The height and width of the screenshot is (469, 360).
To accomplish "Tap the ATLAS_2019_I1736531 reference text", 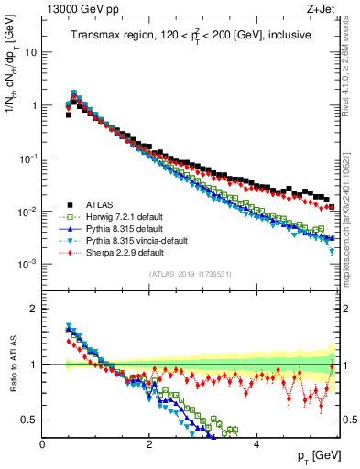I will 191,275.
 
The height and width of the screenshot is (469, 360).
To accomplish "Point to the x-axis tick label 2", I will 149,443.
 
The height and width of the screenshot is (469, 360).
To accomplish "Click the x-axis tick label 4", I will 256,443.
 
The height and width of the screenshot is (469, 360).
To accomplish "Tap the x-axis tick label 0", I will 43,443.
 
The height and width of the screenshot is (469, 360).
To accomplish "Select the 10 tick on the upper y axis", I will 30,52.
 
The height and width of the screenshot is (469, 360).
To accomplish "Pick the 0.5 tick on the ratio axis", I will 29,420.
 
